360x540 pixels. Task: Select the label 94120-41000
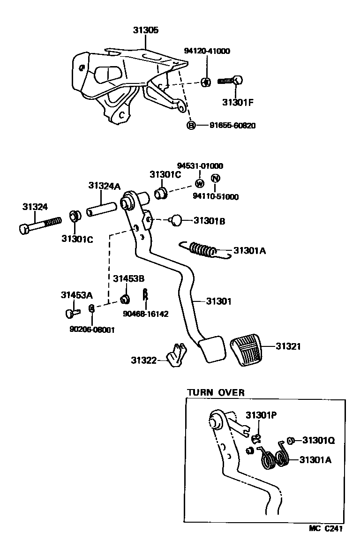coord(207,51)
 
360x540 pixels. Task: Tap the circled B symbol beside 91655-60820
coord(191,125)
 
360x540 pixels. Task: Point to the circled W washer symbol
coord(200,183)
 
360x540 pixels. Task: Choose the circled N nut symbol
coord(215,179)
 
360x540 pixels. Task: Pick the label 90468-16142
coord(146,314)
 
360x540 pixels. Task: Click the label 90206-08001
coord(92,330)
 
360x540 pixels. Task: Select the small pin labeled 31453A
coord(72,311)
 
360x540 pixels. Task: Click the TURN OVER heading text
coord(216,392)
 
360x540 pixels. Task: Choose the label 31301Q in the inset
coord(318,440)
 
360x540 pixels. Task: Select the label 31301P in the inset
coord(262,415)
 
